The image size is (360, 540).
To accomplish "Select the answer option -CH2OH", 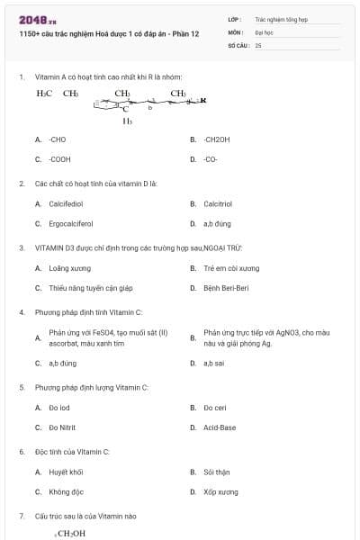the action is [217, 139].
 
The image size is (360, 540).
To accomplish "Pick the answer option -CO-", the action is [211, 159].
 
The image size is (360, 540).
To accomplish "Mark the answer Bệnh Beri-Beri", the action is [226, 288].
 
